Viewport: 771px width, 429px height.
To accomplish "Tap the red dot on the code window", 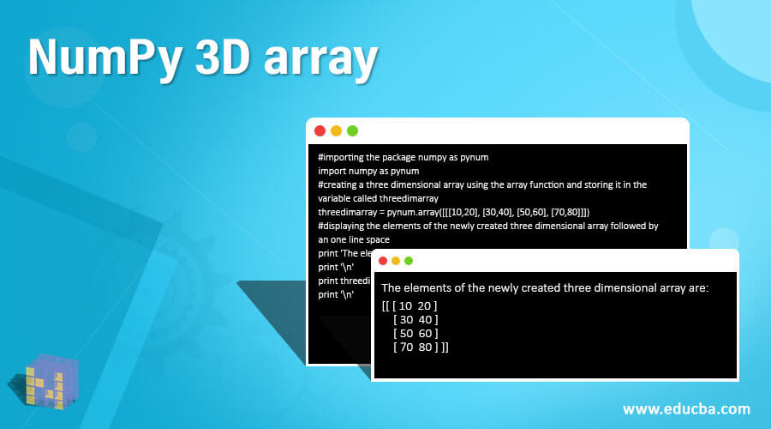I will point(320,130).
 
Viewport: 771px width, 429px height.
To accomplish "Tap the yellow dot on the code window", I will point(336,130).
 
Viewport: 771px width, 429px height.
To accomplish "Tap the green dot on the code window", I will point(352,130).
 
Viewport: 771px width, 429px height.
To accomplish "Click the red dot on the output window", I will point(383,261).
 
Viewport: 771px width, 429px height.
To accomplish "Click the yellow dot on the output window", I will point(396,261).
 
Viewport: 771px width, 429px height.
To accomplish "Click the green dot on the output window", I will point(409,261).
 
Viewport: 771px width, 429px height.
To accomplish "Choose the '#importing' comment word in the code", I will point(340,158).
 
